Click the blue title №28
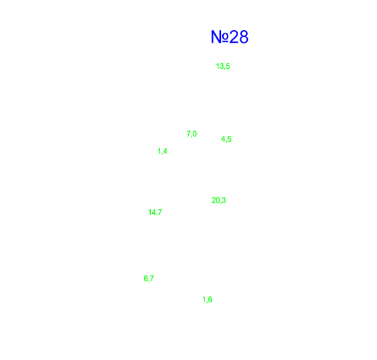pos(229,37)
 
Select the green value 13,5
pos(223,66)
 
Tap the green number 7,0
pos(191,134)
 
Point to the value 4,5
pos(226,139)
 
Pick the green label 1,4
pos(163,151)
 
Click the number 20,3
pos(219,200)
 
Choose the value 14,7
pos(155,212)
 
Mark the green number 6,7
pos(149,279)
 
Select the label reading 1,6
pos(207,300)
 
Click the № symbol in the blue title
pos(220,37)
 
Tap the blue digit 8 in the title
pos(243,37)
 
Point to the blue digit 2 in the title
pos(234,37)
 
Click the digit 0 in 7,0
pos(195,134)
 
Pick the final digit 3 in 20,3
pos(224,200)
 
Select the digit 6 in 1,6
pos(210,300)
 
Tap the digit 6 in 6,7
pos(146,279)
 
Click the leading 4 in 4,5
pos(223,139)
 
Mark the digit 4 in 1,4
pos(165,151)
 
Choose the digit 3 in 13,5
pos(222,66)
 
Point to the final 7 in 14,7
pos(160,212)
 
